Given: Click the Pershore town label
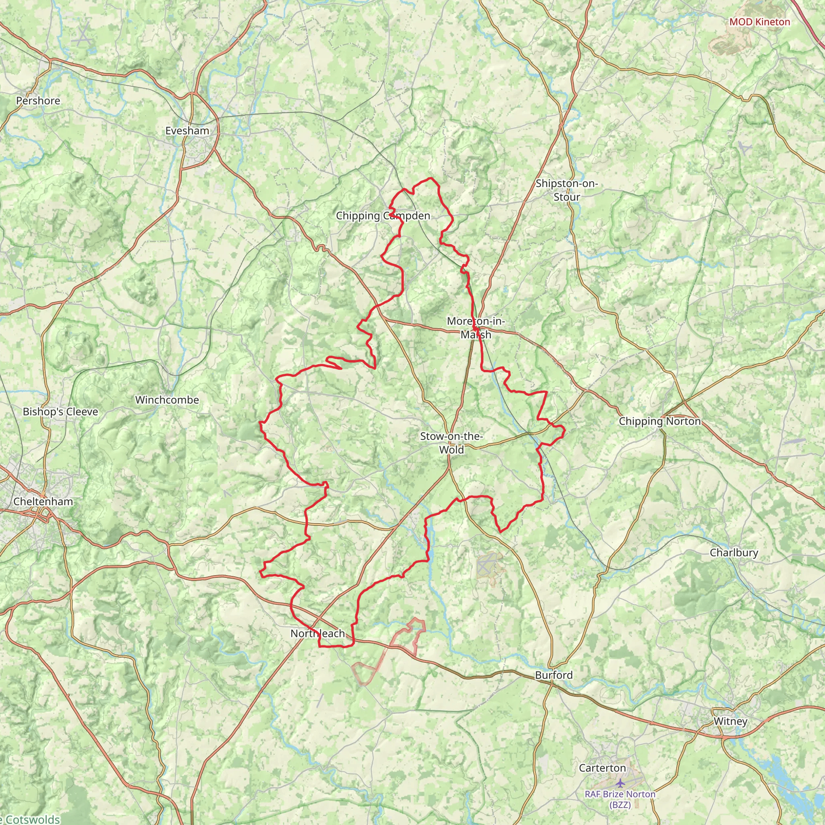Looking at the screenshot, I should click(38, 101).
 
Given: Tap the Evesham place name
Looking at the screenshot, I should click(187, 131).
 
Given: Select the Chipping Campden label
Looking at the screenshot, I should click(383, 216).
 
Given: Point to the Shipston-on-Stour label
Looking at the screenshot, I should click(566, 190).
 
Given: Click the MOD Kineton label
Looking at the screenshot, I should click(759, 22).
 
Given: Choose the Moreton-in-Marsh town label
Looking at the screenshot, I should click(476, 328).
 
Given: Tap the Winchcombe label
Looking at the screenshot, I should click(167, 400).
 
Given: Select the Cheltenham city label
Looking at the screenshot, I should click(43, 501).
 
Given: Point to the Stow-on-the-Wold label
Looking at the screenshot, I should click(451, 443).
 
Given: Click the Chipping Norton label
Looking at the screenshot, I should click(660, 421).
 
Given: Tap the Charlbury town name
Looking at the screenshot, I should click(734, 552).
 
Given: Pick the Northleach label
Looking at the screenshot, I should click(317, 633).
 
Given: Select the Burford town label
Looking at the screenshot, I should click(553, 675).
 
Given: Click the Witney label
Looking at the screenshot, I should click(730, 721).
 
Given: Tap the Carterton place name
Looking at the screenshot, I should click(602, 768).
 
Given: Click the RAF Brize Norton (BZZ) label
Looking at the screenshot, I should click(620, 799).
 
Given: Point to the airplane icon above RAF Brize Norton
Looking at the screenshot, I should click(620, 783).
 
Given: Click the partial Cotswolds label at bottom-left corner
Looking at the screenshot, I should click(30, 819).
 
